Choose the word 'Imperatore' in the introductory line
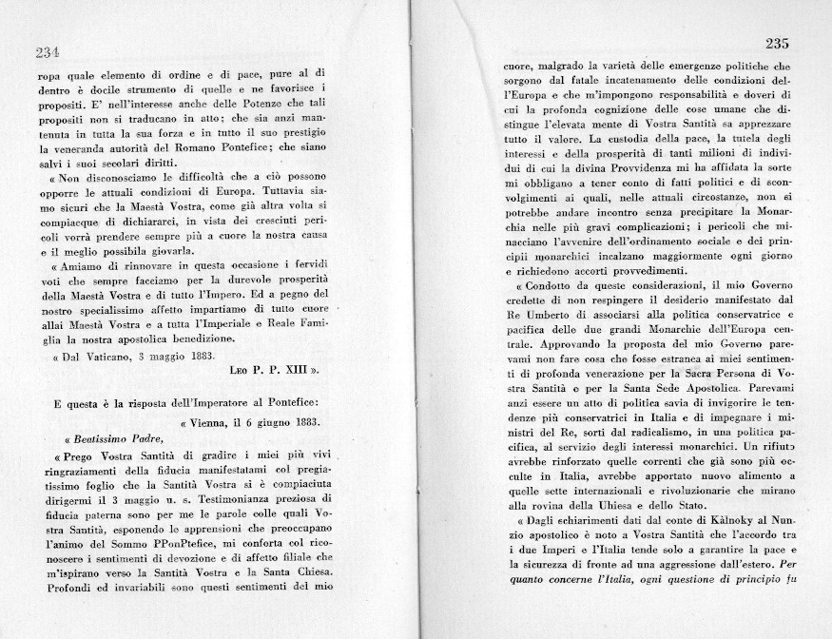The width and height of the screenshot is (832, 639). point(207,402)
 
